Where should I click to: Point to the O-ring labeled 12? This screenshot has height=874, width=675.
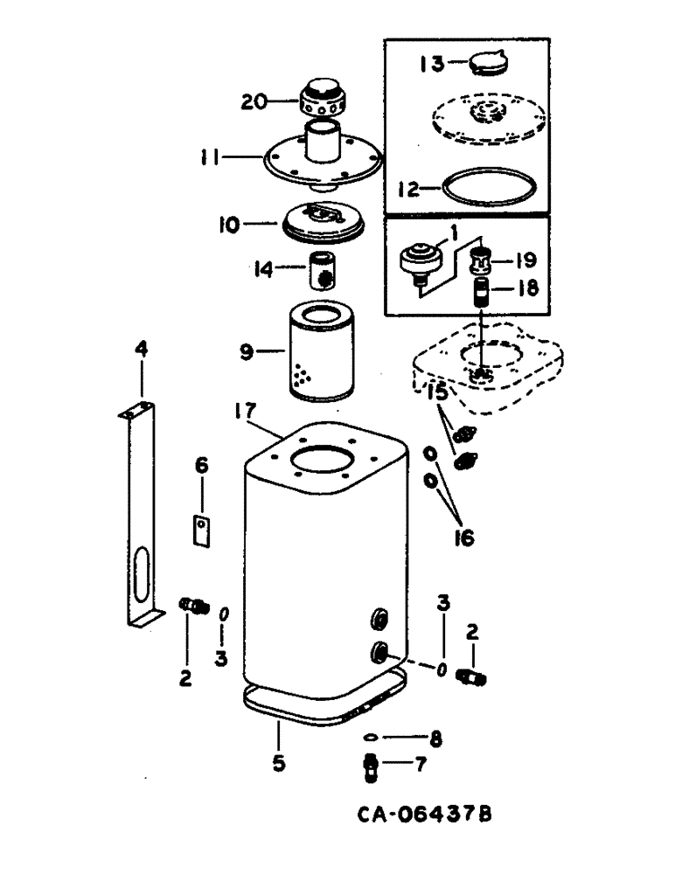coord(489,188)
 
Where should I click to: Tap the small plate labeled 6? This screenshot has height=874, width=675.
coord(203,531)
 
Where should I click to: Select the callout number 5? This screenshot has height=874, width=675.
coord(278,762)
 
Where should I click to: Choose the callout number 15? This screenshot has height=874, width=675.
coord(438,392)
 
